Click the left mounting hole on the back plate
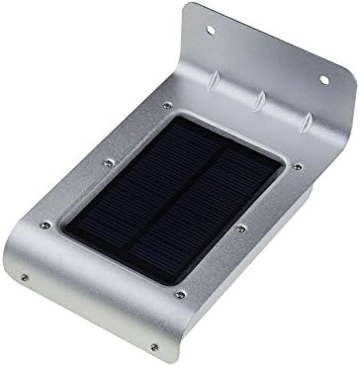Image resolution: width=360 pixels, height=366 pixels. (211, 30)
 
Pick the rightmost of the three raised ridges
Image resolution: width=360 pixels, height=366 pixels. (306, 119)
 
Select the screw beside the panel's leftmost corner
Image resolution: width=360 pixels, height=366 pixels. (45, 226)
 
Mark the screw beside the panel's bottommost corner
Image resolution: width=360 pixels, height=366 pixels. (178, 294)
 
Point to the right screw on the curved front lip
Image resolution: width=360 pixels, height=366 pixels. (152, 346)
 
